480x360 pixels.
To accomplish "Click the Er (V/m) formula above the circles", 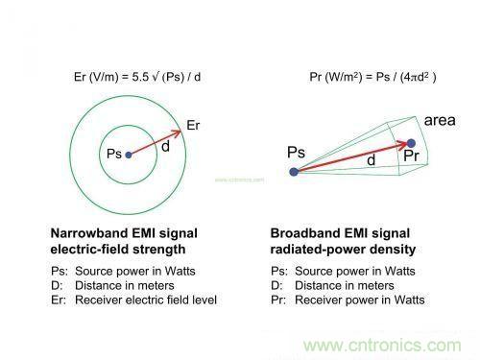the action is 137,77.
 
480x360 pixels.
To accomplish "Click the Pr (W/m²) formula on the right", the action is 372,77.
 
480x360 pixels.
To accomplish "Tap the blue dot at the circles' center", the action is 129,155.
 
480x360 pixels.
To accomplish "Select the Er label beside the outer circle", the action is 193,125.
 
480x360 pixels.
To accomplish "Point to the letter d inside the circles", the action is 165,147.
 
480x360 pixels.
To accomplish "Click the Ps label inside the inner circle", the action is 114,154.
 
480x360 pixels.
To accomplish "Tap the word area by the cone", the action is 440,121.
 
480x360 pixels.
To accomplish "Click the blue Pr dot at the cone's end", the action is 411,143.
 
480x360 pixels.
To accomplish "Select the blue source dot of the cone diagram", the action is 294,172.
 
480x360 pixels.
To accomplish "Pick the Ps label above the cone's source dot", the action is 296,152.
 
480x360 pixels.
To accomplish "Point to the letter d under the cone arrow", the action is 372,160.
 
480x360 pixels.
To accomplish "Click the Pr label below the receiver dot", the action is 411,156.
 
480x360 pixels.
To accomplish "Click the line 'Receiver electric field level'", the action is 146,300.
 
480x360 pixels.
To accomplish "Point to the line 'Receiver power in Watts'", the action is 360,300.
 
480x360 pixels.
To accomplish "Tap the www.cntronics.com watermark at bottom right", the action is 382,346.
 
